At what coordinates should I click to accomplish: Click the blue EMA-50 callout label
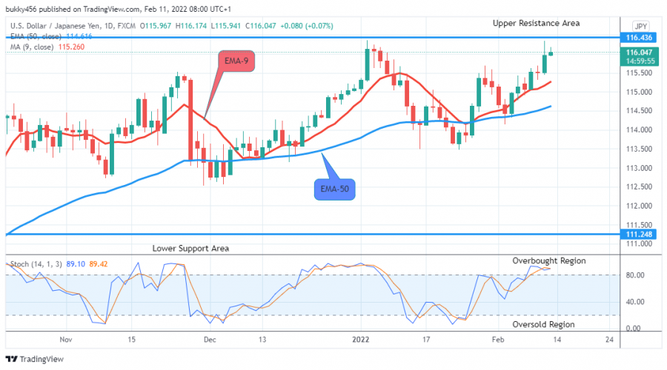click(333, 190)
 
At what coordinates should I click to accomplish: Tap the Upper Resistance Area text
click(536, 24)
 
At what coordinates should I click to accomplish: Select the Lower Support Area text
click(190, 249)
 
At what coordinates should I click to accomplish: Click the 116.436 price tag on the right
click(639, 37)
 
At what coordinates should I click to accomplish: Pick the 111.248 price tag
click(639, 234)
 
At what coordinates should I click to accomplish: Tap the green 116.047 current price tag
click(639, 53)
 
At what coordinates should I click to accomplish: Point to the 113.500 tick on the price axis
click(639, 149)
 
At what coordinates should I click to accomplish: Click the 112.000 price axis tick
click(639, 206)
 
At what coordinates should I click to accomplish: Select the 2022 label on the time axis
click(362, 340)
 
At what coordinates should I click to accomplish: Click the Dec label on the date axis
click(210, 340)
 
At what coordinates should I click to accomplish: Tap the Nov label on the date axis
click(66, 340)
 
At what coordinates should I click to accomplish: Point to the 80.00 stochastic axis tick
click(636, 275)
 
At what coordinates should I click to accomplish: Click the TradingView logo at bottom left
click(37, 359)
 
